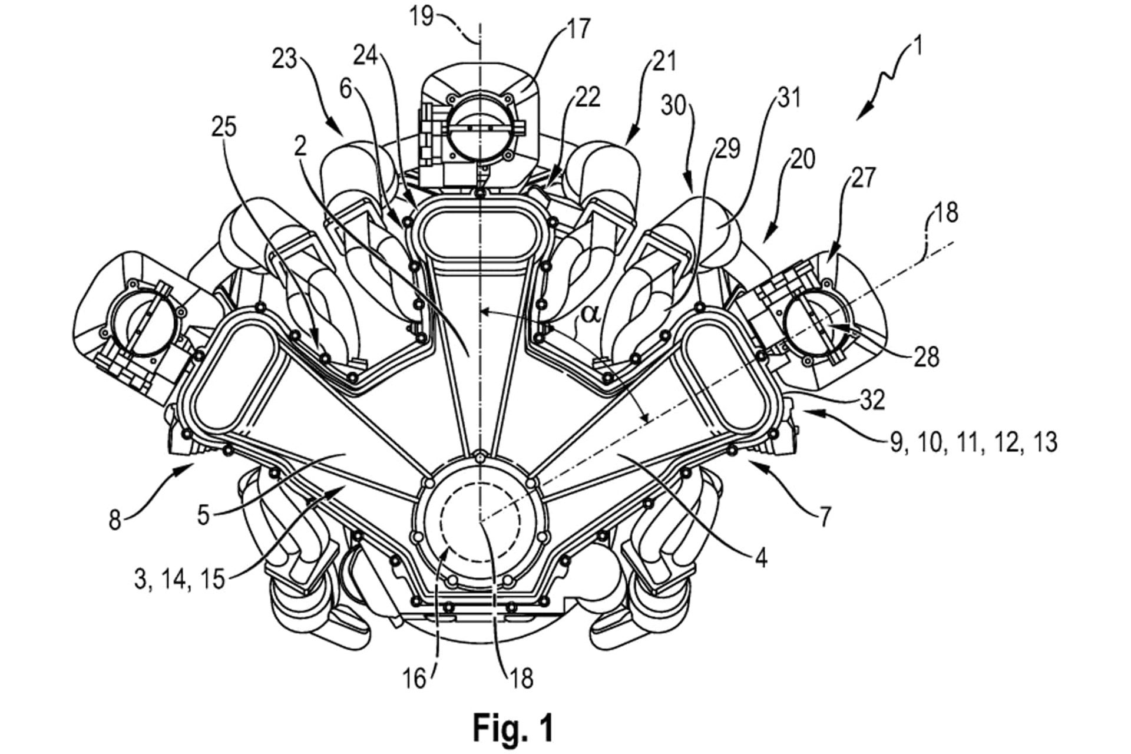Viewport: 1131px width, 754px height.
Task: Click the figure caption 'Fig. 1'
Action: click(x=513, y=728)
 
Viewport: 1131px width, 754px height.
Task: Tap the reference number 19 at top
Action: click(x=422, y=16)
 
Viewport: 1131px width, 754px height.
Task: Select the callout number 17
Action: click(x=579, y=29)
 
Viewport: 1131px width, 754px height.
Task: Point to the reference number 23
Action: click(x=285, y=59)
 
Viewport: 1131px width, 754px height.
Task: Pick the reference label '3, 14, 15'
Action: click(x=179, y=579)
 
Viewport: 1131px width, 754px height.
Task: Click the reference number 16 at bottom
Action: click(x=415, y=679)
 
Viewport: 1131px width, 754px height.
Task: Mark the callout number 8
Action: click(x=115, y=520)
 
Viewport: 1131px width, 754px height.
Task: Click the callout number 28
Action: click(x=927, y=357)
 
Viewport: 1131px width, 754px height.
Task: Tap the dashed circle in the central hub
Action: click(x=481, y=519)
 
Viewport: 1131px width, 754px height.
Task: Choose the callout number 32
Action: click(x=872, y=400)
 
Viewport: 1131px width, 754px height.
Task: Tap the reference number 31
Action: click(x=790, y=98)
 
